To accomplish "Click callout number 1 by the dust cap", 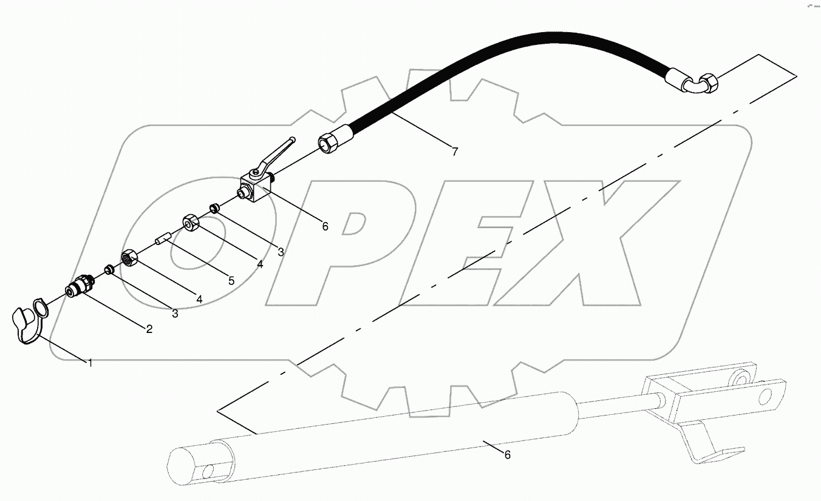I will tap(90, 363).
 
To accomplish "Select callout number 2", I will tap(149, 329).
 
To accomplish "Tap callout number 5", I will tap(231, 281).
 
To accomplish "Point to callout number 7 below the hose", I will tap(455, 152).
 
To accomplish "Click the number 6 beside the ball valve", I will tap(325, 226).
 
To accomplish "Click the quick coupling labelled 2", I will tap(79, 287).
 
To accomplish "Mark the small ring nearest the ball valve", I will tap(214, 209).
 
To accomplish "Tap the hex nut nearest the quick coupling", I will tap(131, 258).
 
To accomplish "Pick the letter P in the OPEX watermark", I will tap(358, 243).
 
